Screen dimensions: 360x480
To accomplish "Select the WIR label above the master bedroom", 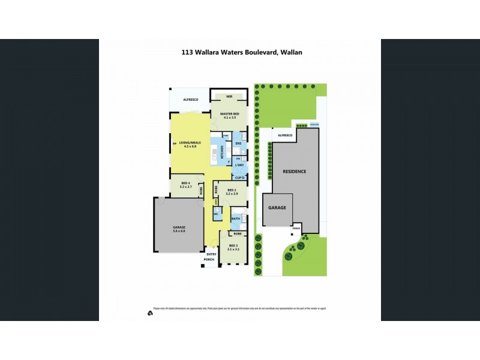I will (x=229, y=97).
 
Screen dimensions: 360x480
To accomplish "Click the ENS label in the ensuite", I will (x=238, y=144).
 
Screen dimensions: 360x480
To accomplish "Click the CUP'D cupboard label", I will (x=239, y=178).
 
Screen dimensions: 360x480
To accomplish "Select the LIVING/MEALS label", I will (x=190, y=143).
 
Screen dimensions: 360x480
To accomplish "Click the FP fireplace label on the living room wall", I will (x=174, y=145).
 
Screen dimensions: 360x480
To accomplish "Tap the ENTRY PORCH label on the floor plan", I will (x=209, y=257).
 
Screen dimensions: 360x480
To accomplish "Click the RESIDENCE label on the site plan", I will (x=295, y=172).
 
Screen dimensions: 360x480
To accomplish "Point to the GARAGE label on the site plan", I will (x=277, y=208).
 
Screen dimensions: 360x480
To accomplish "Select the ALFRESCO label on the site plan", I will (x=284, y=136).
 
